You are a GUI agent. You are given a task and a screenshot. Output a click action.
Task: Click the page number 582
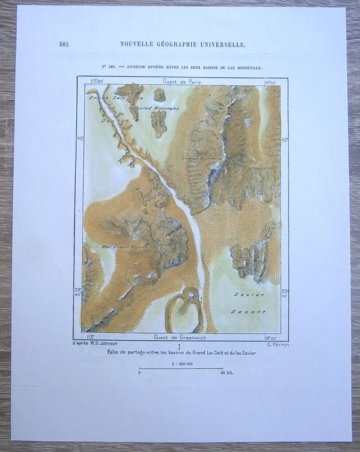point(64,44)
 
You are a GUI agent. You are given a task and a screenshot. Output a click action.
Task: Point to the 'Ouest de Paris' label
point(181,81)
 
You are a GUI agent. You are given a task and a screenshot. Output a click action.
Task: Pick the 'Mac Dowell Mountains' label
point(125,246)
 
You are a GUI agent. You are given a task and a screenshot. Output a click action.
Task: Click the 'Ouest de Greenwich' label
point(180,337)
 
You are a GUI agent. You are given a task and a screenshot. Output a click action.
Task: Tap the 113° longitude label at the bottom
point(90,337)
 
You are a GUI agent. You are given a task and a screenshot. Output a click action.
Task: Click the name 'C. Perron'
point(278,344)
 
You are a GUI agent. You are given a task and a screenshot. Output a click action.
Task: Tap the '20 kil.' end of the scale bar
point(226,372)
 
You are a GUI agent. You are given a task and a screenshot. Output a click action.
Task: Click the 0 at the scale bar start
point(139,372)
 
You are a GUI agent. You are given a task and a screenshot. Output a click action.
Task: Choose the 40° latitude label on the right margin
point(284,140)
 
